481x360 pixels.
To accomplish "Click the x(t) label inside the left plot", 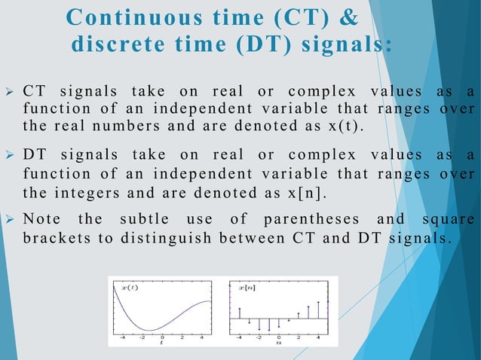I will (130, 288).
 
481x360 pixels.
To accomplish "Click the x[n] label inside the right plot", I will (247, 288).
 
